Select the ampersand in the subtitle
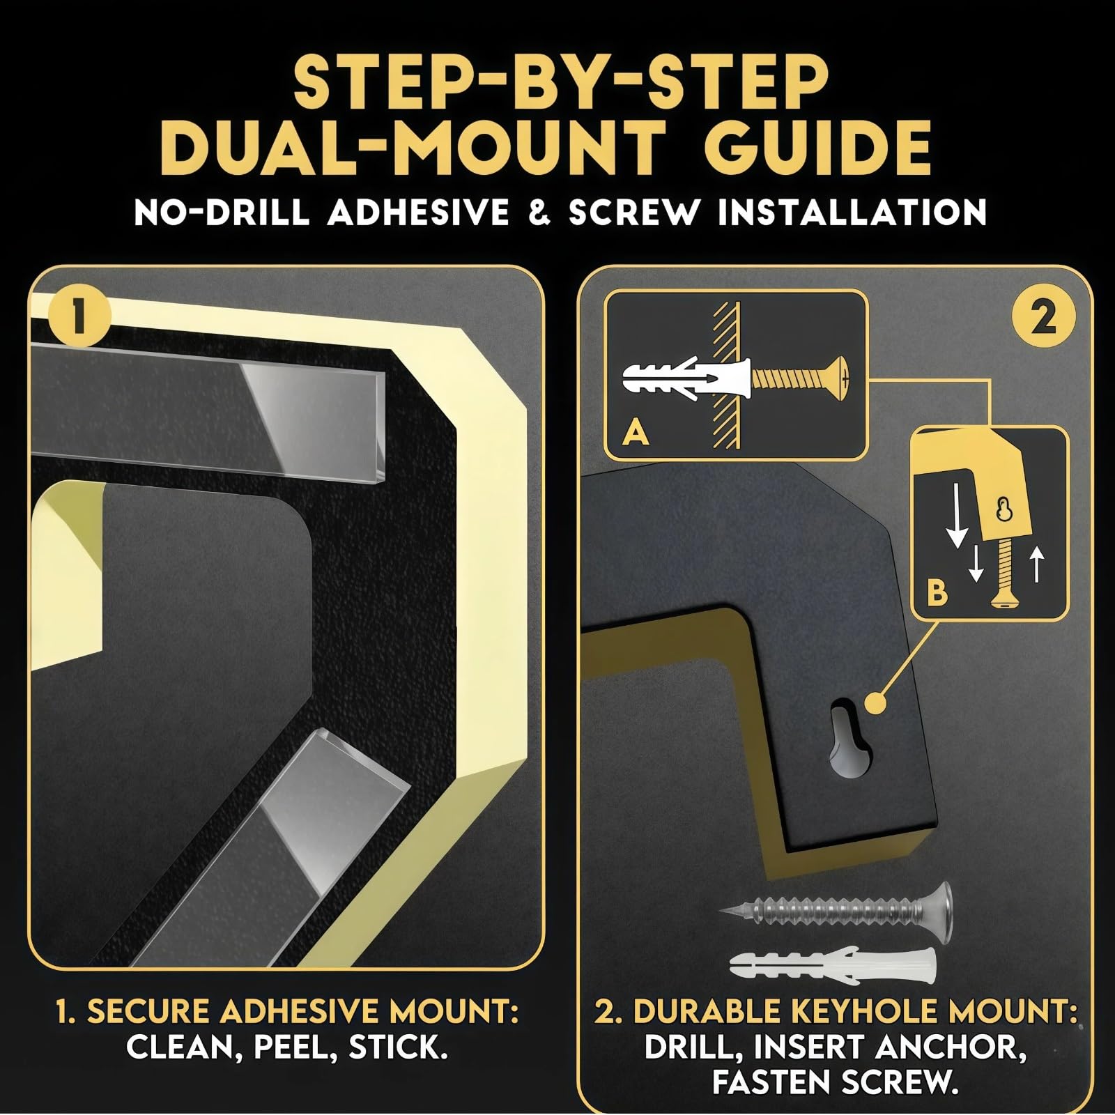coord(539,212)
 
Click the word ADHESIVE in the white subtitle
coord(418,212)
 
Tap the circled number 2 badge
coord(1043,319)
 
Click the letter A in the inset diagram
coord(636,433)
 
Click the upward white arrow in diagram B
coord(1038,564)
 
